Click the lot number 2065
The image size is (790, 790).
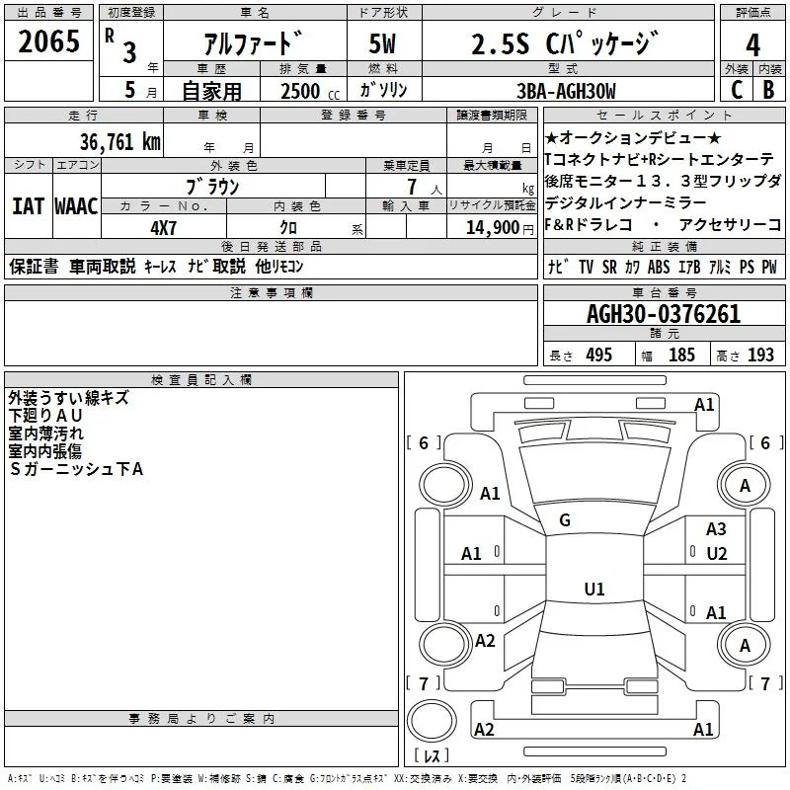48,41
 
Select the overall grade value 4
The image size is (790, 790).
752,44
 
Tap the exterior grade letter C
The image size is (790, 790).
737,90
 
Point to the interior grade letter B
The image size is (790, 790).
768,90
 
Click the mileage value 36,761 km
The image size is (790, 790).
119,142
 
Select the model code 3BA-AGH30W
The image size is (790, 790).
566,91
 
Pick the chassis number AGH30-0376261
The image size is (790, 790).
664,314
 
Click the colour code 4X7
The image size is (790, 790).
163,228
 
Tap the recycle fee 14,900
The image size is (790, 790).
492,228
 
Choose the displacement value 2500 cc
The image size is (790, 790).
310,91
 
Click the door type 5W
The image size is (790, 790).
382,43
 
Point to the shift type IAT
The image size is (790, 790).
28,206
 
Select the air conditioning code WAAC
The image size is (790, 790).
76,206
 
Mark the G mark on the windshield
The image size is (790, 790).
565,520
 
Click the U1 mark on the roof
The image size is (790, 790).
594,589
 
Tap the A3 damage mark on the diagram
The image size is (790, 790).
716,529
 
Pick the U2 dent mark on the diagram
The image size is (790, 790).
717,554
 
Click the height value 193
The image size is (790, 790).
760,355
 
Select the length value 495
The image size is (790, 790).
599,355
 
